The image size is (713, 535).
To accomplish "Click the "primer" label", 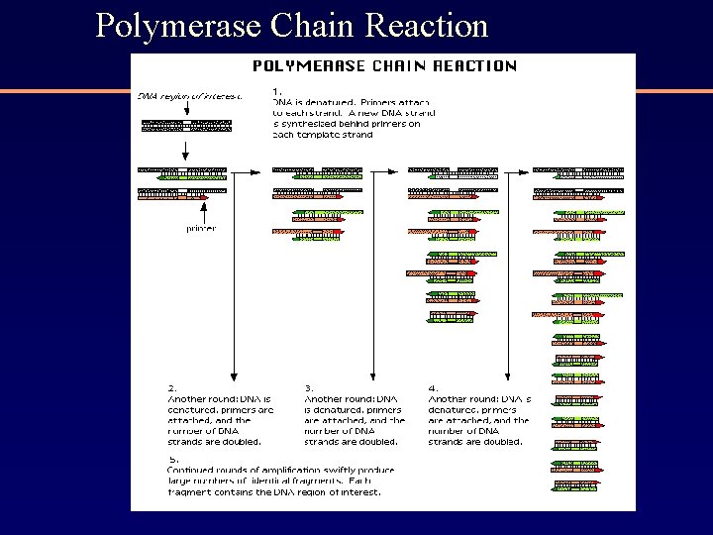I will (x=201, y=229).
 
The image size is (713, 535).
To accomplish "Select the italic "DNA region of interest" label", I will (x=188, y=96).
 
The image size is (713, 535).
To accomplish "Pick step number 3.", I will (x=308, y=387).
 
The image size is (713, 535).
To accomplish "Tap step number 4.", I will (x=432, y=387).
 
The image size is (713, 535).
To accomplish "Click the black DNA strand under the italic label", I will (x=186, y=126).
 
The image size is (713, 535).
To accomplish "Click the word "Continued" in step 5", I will (x=193, y=470).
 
